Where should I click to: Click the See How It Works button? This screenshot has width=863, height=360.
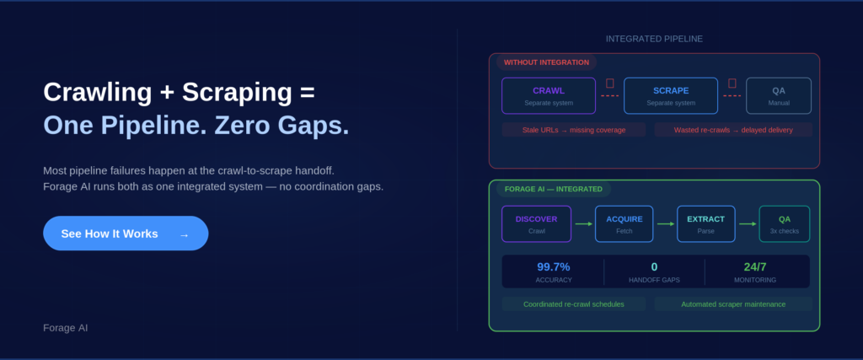[126, 234]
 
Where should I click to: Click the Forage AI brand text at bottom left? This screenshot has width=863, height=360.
[65, 327]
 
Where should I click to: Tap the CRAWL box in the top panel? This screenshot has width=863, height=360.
[549, 96]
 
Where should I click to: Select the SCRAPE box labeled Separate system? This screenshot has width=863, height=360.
[671, 96]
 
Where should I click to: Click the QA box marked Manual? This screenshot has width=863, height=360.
[779, 96]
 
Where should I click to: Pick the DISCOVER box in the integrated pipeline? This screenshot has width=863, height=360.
[537, 224]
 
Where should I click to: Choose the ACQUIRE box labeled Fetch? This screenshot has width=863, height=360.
[624, 224]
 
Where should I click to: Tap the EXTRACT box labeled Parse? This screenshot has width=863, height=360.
[705, 224]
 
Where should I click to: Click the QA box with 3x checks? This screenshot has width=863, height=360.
[784, 224]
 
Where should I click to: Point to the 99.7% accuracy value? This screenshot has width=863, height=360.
[554, 266]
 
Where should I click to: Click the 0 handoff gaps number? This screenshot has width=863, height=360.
[654, 266]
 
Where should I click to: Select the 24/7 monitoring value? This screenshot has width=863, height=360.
[755, 266]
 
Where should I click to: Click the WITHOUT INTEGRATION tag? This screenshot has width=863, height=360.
[546, 62]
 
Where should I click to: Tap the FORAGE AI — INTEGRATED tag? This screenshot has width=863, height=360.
[553, 189]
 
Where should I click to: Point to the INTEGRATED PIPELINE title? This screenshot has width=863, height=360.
[654, 39]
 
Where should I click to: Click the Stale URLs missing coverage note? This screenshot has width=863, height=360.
[573, 130]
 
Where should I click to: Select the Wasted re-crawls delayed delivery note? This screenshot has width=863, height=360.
[733, 130]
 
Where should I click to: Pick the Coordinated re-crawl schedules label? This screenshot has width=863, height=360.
[573, 304]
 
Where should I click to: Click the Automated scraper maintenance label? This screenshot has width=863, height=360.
[733, 304]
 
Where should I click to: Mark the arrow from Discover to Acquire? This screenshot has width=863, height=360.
[583, 224]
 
